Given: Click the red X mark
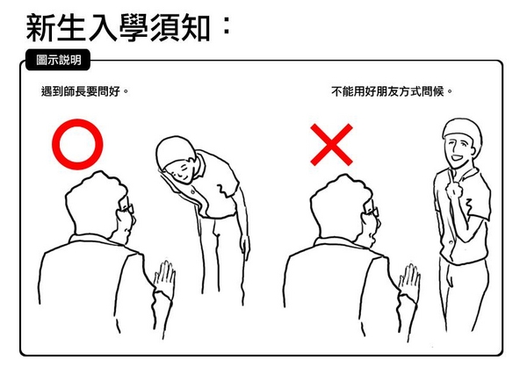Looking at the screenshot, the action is click(331, 145).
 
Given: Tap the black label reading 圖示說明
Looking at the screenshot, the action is click(58, 60).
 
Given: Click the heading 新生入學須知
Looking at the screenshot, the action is click(118, 28).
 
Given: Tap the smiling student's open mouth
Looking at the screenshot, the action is click(456, 157).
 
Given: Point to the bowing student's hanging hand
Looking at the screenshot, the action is click(245, 247).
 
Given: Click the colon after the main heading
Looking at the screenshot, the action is click(227, 25).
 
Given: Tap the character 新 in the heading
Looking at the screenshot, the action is click(40, 28).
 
